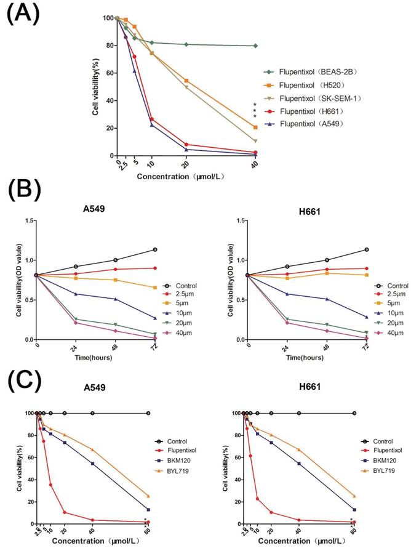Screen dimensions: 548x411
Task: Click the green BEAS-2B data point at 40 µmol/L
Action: pos(255,46)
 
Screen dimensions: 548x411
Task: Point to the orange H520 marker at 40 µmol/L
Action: pos(255,127)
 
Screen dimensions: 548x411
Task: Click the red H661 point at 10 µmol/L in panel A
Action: pos(151,119)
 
